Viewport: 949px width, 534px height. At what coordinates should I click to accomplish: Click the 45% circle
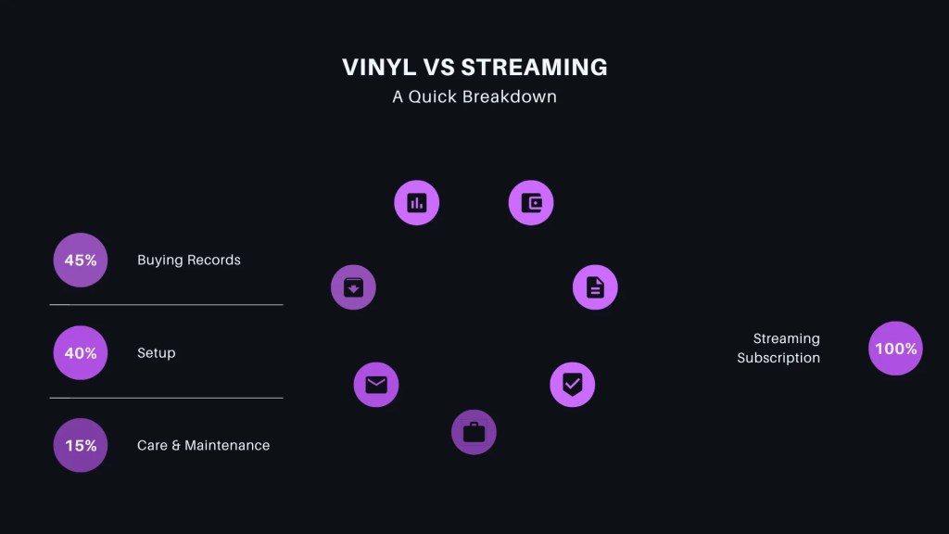(81, 261)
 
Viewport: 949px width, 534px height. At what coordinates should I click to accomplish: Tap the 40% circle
(81, 353)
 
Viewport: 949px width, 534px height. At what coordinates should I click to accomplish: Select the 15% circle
(81, 446)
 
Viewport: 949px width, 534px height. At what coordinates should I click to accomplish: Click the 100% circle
(895, 349)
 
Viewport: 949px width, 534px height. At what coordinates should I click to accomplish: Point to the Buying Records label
(189, 261)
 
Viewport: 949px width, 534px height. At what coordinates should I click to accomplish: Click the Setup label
(157, 353)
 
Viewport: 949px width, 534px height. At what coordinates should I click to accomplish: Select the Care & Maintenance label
(203, 446)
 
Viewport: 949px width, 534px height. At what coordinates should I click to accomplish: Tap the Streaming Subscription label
(778, 349)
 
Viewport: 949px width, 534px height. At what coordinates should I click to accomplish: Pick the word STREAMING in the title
(534, 67)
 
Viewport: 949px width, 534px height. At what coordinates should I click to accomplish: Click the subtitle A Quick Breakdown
(474, 96)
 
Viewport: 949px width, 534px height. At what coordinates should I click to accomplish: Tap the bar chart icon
(417, 203)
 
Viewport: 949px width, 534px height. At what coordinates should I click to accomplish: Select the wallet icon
(531, 203)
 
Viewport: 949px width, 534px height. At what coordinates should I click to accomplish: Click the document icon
(595, 287)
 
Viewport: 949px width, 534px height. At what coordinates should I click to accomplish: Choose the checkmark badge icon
(573, 384)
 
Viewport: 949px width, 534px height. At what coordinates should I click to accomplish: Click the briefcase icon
(474, 432)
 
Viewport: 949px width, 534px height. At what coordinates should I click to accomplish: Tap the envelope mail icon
(376, 384)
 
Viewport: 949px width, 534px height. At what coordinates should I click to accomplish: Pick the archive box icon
(353, 287)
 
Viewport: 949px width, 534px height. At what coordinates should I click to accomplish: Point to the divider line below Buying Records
(167, 304)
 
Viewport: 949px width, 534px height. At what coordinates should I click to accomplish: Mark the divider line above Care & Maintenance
(167, 398)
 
